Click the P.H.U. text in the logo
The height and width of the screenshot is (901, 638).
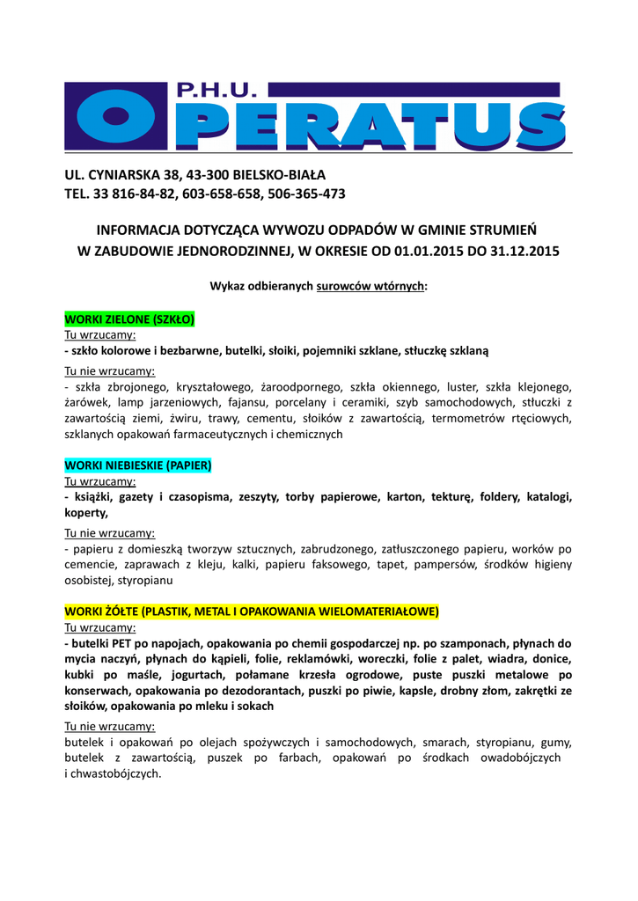[x=217, y=91]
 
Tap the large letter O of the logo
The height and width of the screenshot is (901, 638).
[x=117, y=122]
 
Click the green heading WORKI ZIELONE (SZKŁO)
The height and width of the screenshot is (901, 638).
[x=130, y=319]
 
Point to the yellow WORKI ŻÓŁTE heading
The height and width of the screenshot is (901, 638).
[x=252, y=612]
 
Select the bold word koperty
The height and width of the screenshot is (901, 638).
[x=85, y=513]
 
